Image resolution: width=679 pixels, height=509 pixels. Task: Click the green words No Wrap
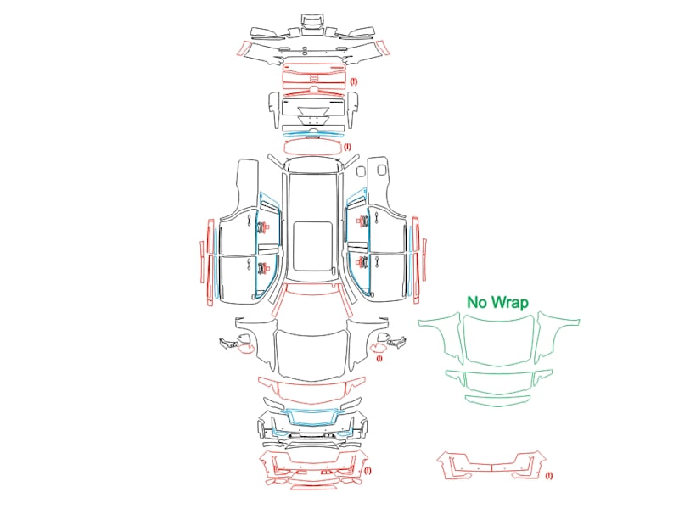click(497, 302)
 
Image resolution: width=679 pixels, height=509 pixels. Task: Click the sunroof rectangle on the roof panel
click(312, 247)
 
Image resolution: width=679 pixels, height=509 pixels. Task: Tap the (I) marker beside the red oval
click(347, 147)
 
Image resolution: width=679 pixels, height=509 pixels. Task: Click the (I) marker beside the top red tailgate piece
click(354, 81)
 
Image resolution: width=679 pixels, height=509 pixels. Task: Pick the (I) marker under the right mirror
click(379, 358)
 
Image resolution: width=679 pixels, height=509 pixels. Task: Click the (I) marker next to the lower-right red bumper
click(548, 476)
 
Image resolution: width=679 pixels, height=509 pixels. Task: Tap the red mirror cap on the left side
click(245, 349)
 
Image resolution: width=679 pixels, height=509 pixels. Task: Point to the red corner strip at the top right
click(384, 48)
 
